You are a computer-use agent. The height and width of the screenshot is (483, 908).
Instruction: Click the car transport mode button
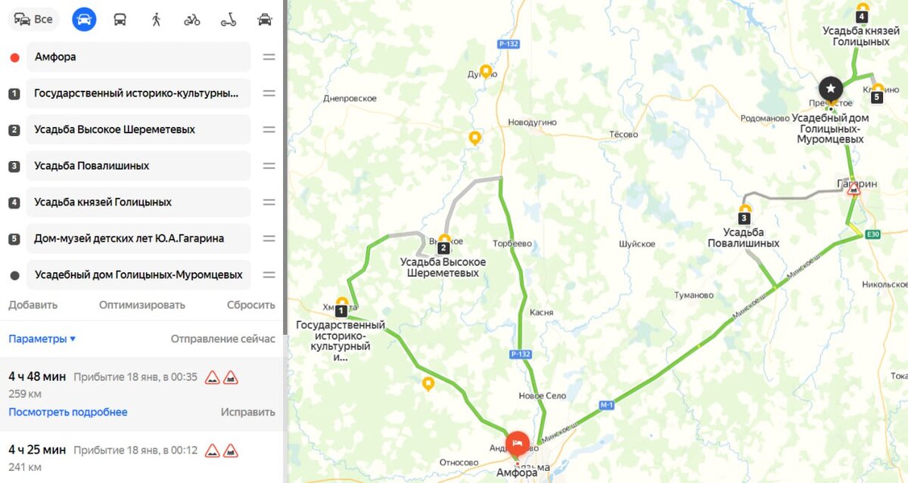pyautogui.click(x=84, y=19)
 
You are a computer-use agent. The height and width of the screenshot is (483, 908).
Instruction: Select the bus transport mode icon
pyautogui.click(x=120, y=19)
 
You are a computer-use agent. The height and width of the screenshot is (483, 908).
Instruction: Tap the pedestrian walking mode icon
pyautogui.click(x=157, y=19)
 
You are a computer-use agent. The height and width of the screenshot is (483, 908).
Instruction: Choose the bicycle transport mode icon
pyautogui.click(x=192, y=19)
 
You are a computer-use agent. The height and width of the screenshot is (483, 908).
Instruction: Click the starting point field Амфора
pyautogui.click(x=138, y=57)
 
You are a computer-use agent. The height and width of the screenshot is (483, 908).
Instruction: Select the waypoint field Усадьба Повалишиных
pyautogui.click(x=138, y=166)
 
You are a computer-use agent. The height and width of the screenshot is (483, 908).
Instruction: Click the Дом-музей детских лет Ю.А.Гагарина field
pyautogui.click(x=138, y=238)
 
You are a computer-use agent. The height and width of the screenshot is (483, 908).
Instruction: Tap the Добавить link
pyautogui.click(x=33, y=305)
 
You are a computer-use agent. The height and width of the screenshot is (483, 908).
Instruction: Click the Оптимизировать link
pyautogui.click(x=142, y=305)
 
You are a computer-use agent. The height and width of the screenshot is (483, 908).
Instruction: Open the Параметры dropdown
pyautogui.click(x=42, y=339)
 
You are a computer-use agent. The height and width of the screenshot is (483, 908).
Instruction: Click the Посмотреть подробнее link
pyautogui.click(x=68, y=412)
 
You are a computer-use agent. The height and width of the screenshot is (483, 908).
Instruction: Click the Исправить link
pyautogui.click(x=247, y=412)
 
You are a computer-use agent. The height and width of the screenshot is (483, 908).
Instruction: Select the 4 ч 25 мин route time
pyautogui.click(x=37, y=450)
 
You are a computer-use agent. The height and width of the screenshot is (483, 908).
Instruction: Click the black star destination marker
pyautogui.click(x=831, y=88)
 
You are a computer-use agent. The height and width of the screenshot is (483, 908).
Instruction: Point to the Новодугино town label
pyautogui.click(x=532, y=122)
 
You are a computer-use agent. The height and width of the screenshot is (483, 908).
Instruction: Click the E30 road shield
pyautogui.click(x=873, y=234)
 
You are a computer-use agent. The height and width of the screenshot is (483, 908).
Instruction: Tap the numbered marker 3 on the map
pyautogui.click(x=745, y=218)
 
